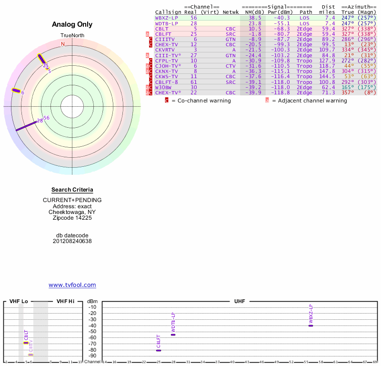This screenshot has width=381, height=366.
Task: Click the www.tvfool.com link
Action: point(72,285)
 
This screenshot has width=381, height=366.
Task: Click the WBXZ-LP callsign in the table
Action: point(167,18)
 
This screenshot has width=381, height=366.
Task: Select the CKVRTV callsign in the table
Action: point(166,50)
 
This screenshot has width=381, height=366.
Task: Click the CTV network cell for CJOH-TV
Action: point(231,66)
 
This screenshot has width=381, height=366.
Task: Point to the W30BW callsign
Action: point(163,87)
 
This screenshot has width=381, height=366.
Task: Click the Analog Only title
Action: point(72,25)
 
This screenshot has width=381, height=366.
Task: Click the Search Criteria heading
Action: point(72,190)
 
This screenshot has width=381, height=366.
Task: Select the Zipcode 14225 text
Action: point(72,218)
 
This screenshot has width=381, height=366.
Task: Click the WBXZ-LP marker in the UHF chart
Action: point(311,325)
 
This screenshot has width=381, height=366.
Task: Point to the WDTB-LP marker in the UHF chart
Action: point(173,335)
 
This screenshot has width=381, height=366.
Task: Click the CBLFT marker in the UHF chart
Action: point(159,350)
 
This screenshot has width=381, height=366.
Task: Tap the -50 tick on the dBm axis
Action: point(92,332)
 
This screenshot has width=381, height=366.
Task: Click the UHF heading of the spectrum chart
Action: point(239,301)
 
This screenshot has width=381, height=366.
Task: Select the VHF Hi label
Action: point(65,301)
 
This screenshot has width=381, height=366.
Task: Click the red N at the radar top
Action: point(62,44)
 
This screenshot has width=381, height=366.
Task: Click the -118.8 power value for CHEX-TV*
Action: point(278,92)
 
